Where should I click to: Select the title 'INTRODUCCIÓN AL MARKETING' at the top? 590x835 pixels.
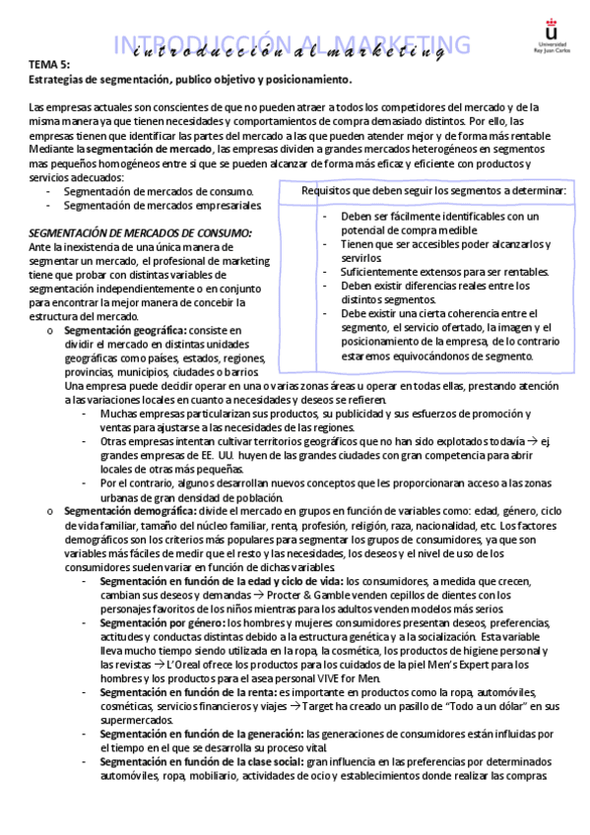pyautogui.click(x=293, y=43)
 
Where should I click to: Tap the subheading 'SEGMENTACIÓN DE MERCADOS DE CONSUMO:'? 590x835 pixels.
pyautogui.click(x=140, y=231)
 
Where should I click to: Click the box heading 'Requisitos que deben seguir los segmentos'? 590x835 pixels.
pyautogui.click(x=433, y=190)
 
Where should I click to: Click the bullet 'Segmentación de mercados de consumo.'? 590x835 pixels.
pyautogui.click(x=159, y=191)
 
